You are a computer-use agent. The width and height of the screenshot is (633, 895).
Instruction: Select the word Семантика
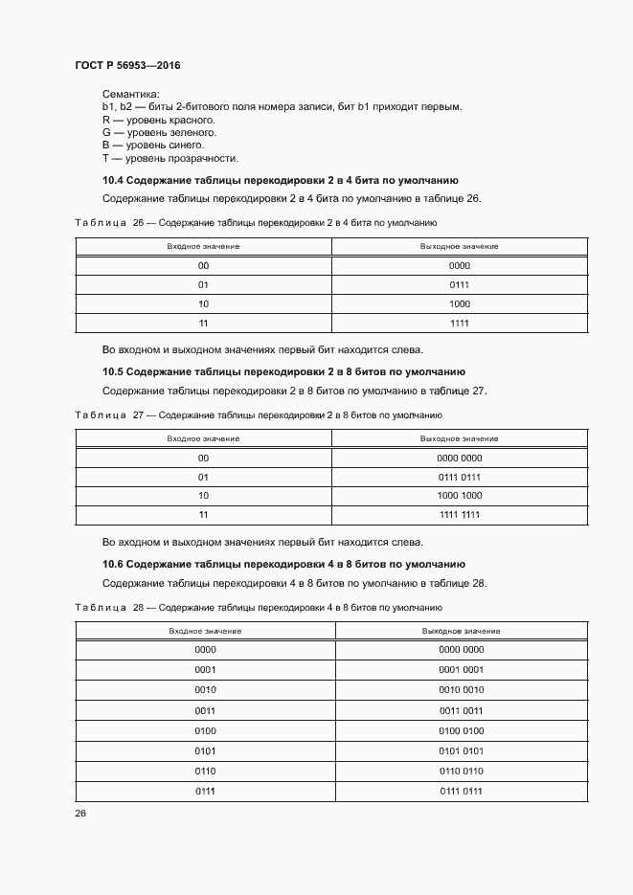tap(130, 93)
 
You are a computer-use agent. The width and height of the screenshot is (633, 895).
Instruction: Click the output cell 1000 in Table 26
tap(460, 303)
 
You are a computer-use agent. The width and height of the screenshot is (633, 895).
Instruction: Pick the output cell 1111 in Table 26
tap(460, 323)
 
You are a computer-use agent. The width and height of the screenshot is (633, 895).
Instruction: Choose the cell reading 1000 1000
tap(460, 496)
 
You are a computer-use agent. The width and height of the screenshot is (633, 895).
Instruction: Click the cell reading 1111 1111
tap(460, 515)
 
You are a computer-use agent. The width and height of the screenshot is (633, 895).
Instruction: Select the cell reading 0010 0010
tap(462, 689)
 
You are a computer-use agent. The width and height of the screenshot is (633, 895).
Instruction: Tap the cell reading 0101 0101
tap(462, 750)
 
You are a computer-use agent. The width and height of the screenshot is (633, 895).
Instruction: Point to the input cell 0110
tap(205, 771)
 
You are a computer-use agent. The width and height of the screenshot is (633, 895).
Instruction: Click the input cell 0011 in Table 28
tap(205, 710)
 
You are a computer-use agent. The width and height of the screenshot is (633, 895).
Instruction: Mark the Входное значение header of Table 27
tap(203, 438)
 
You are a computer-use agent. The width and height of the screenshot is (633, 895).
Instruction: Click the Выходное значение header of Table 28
tap(462, 631)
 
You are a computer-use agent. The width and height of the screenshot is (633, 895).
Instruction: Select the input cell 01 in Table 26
tap(203, 284)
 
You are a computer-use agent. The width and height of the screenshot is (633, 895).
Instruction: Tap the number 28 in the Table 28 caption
tap(138, 608)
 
